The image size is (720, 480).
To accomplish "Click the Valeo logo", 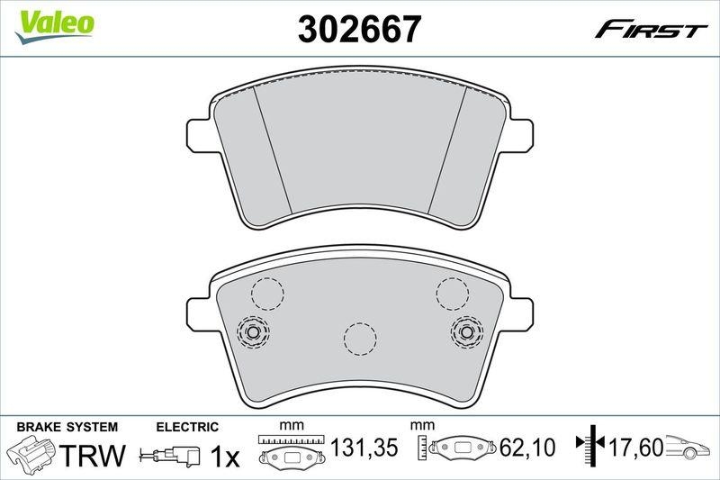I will (x=55, y=23).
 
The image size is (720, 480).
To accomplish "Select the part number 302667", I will (x=359, y=31).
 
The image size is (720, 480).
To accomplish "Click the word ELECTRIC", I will (x=187, y=426).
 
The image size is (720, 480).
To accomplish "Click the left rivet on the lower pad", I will (x=253, y=332).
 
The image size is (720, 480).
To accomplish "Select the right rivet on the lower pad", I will (x=466, y=332).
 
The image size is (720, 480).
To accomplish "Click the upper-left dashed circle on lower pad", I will (x=266, y=293).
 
